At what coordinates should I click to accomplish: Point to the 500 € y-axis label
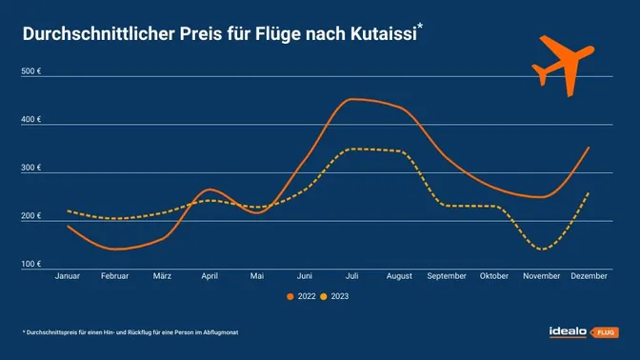31,71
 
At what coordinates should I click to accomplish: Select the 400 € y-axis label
31,120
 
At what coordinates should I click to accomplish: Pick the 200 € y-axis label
31,216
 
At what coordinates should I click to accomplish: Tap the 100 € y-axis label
31,264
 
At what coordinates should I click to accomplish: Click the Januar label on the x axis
68,276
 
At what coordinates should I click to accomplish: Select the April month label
210,276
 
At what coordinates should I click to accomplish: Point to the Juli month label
352,276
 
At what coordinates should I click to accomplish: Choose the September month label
447,276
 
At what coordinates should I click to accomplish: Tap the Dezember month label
589,276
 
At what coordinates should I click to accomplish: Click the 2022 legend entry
301,296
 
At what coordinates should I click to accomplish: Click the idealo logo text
570,331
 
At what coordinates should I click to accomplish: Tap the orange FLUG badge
606,332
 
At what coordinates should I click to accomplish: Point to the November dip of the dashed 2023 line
542,250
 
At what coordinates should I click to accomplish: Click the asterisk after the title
420,28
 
